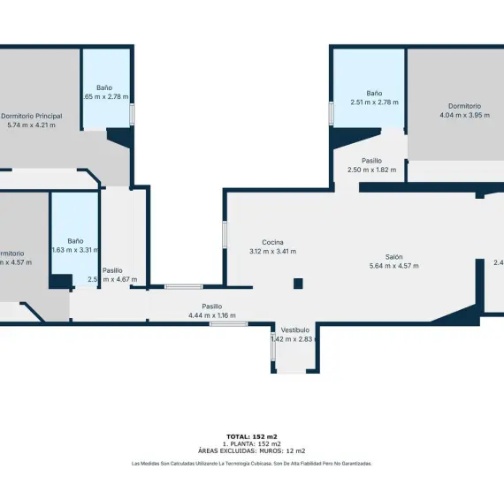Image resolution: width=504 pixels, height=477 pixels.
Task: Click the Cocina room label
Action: tap(272, 242)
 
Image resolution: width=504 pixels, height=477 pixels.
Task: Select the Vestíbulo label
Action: tap(295, 329)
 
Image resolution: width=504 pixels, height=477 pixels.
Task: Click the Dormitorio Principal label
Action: tap(31, 116)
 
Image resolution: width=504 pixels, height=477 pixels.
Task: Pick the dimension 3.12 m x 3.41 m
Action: tap(272, 252)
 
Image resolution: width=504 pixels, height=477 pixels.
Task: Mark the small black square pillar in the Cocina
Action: tap(299, 284)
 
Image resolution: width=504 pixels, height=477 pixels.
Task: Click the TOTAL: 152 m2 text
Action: tap(252, 436)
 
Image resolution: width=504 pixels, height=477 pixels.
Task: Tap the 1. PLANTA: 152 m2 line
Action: tap(252, 443)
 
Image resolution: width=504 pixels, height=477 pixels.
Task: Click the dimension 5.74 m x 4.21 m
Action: tap(31, 125)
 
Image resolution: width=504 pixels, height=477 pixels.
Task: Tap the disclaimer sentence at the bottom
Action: tap(252, 463)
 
